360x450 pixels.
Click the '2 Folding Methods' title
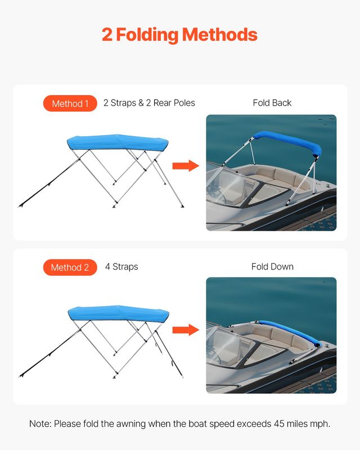(179, 35)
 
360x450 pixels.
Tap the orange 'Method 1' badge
(70, 103)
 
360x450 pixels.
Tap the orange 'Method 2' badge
(70, 267)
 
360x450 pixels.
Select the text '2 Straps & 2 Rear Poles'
(149, 103)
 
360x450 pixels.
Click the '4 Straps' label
(121, 267)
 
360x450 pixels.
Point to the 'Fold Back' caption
(272, 103)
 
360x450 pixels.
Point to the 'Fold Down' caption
(272, 267)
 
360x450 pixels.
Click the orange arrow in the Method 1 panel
(186, 165)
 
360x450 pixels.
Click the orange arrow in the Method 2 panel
(186, 330)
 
